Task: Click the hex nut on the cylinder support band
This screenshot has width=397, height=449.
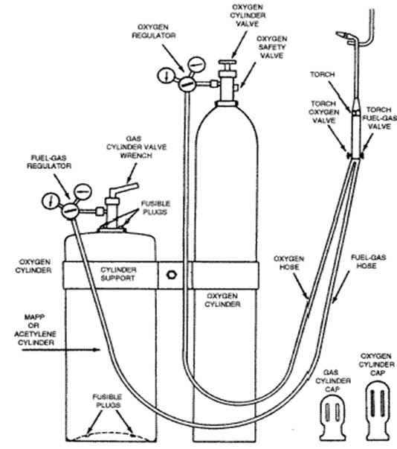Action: (172, 275)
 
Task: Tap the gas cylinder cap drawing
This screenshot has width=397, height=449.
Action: (332, 416)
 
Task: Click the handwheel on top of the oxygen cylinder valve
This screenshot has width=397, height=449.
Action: (227, 62)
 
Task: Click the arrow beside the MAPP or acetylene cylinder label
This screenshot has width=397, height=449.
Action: (61, 350)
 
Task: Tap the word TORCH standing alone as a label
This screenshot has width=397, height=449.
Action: (322, 74)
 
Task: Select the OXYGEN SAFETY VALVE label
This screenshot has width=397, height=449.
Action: (271, 47)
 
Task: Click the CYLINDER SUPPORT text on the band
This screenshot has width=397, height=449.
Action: (118, 274)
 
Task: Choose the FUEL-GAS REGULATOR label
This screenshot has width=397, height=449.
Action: (49, 162)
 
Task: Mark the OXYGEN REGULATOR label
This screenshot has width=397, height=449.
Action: (153, 31)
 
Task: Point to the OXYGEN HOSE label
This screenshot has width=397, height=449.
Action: (288, 263)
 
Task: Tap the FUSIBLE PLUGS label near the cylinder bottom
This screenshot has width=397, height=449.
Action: (107, 401)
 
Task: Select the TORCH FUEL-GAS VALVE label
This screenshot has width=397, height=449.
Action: (379, 118)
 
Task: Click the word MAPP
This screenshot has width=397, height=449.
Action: (34, 317)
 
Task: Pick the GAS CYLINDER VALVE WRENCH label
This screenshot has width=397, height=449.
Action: (136, 147)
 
